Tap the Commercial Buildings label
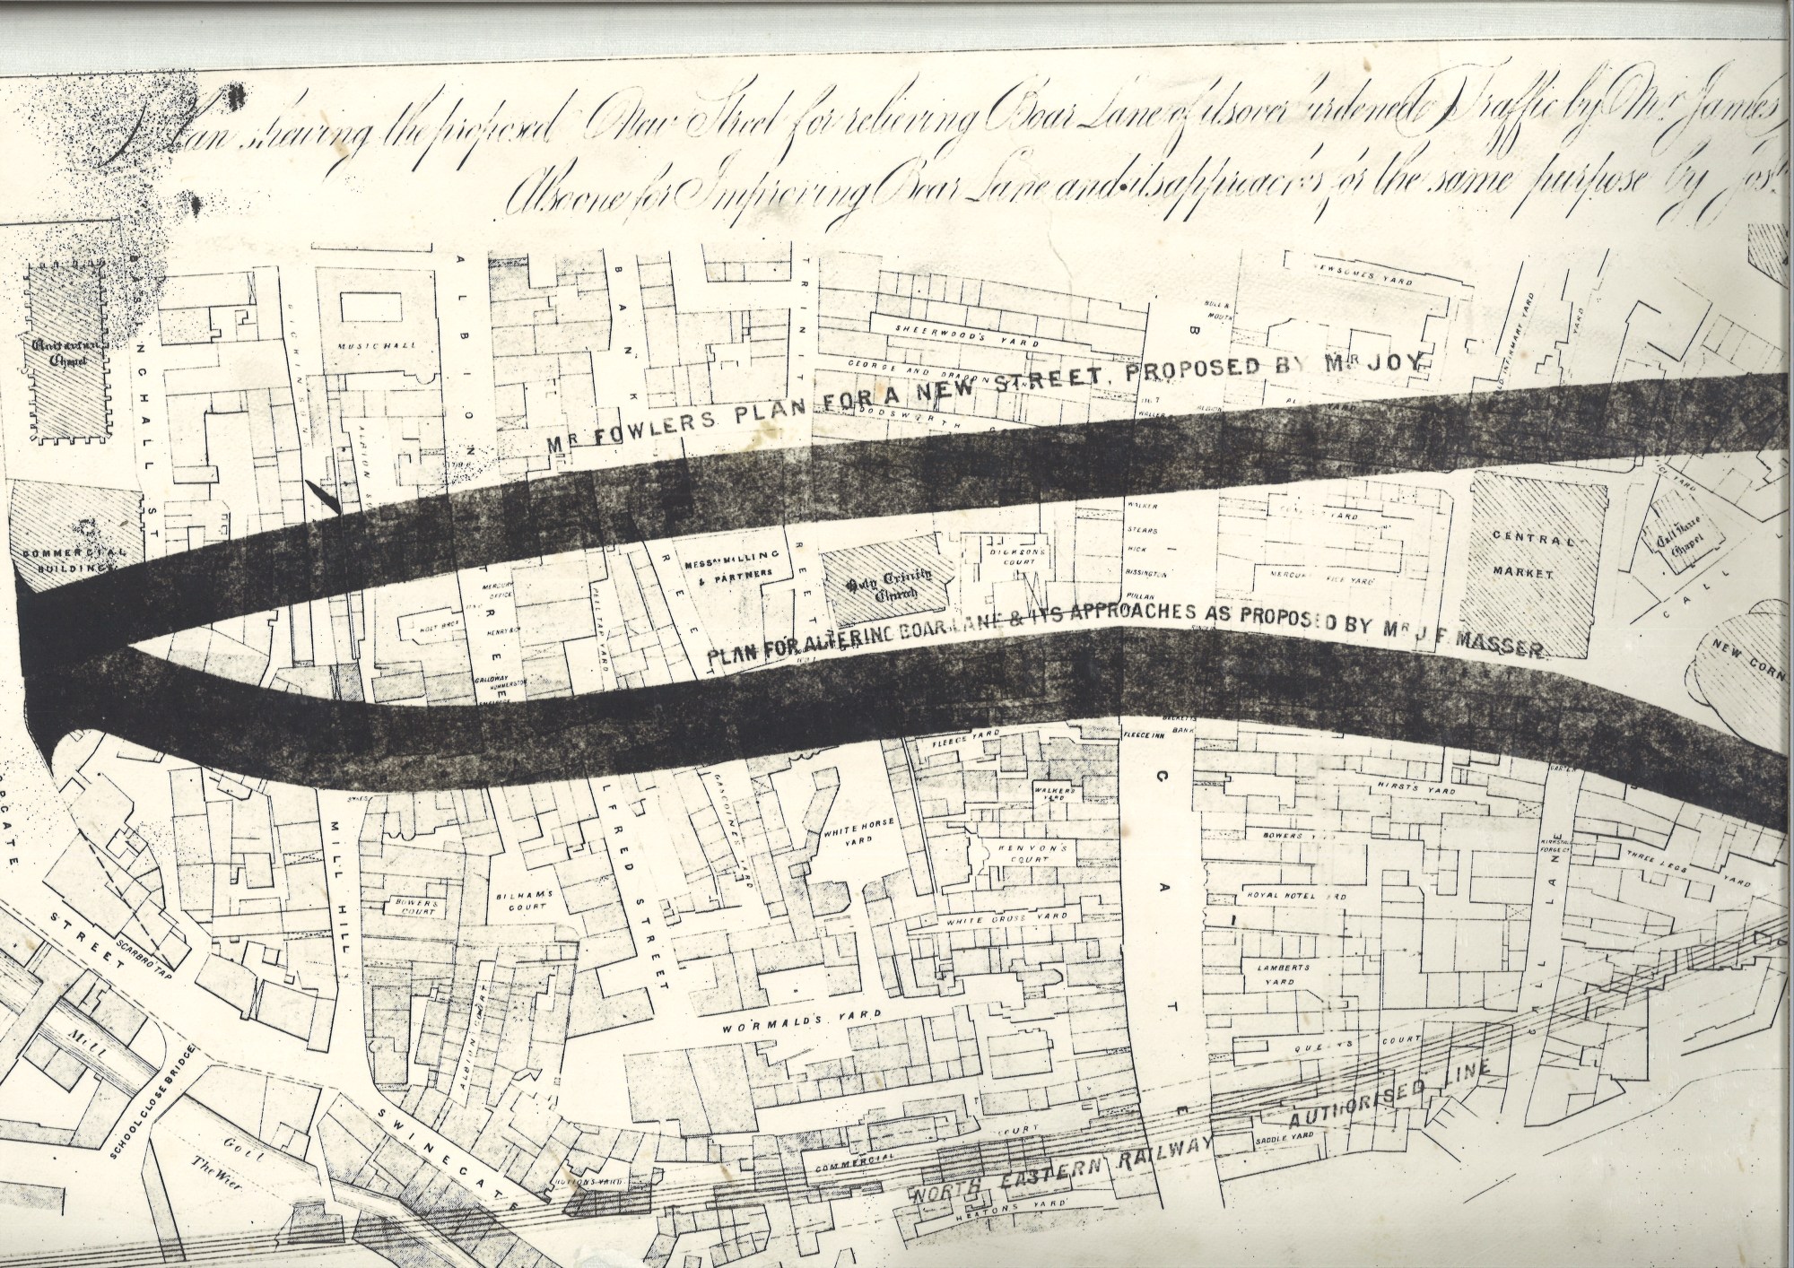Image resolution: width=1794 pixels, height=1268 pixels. pos(77,558)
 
